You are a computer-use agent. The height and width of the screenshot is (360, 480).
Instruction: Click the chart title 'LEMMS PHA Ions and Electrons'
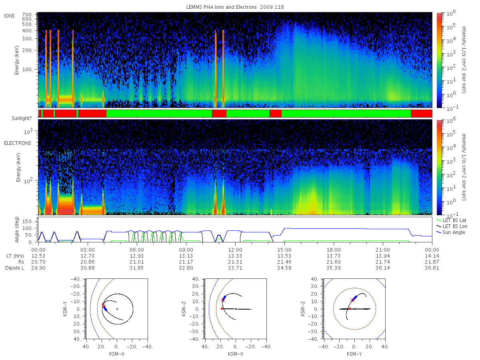221,7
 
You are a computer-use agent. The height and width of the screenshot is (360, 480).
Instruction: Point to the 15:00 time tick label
284,250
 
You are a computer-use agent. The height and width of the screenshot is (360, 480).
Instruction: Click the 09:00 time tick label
186,250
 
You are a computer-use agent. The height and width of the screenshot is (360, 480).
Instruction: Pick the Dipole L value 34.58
284,268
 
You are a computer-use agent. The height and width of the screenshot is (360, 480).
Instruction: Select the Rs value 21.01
137,262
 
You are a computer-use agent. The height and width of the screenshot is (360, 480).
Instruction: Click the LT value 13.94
383,256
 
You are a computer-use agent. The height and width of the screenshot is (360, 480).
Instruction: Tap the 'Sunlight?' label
22,118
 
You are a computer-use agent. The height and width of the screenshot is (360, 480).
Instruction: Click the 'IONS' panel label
9,16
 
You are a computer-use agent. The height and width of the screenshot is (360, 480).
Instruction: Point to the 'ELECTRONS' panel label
18,143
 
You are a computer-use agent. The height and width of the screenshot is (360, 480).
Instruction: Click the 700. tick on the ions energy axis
27,15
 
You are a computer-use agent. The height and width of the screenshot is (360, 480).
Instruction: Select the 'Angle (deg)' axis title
17,230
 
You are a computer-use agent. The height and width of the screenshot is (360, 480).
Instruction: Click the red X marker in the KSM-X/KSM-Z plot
223,300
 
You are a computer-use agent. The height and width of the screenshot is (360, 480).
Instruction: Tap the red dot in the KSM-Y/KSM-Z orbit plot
350,309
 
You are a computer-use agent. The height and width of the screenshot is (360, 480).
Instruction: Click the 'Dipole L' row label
14,268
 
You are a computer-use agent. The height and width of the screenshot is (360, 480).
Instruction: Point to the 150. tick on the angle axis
28,222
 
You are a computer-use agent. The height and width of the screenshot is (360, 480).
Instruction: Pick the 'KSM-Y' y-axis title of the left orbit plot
65,308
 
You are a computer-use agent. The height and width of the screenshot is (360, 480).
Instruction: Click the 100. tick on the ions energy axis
28,70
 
